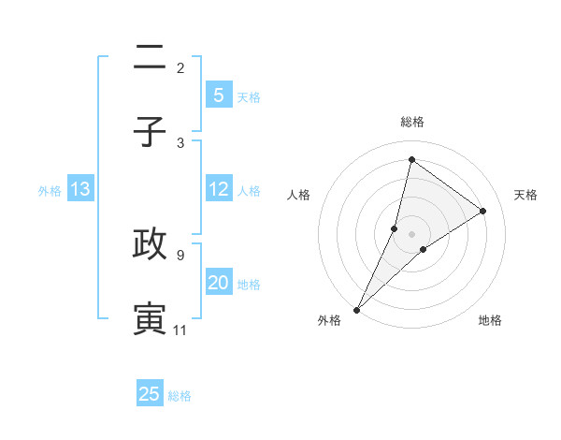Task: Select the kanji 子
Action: (150, 131)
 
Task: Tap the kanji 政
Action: (150, 243)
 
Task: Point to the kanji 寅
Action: (150, 317)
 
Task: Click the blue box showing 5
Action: (218, 95)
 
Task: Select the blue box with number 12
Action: (218, 189)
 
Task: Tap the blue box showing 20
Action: (218, 283)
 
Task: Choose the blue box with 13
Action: (80, 189)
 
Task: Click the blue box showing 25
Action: (150, 394)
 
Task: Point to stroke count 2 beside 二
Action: (180, 68)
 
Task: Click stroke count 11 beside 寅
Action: (180, 330)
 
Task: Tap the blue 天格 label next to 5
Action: (249, 96)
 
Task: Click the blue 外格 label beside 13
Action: (50, 191)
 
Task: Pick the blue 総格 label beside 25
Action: (180, 396)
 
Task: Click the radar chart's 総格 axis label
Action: (412, 122)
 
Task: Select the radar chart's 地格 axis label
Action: (490, 320)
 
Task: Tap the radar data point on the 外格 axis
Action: (356, 309)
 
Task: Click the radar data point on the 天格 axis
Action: (482, 211)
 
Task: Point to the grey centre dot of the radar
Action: (412, 233)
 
